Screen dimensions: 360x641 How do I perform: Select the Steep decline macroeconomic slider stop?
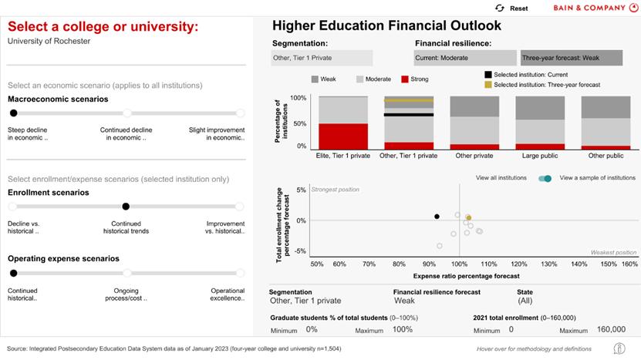coord(13,113)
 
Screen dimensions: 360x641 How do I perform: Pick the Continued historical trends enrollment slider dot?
coord(126,206)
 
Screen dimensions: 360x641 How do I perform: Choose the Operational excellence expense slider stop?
coord(239,273)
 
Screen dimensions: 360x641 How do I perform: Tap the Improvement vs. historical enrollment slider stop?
coord(239,206)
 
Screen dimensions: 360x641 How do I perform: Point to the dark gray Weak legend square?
coord(315,79)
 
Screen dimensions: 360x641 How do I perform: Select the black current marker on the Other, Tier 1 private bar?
coord(409,115)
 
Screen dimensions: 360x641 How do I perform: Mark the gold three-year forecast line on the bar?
coord(409,100)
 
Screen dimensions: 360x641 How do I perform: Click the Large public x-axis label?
coord(541,155)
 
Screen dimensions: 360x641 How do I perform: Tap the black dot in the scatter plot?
coord(437,217)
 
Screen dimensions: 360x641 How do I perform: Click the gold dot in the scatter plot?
coord(467,218)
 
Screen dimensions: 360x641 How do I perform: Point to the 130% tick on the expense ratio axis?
coord(548,264)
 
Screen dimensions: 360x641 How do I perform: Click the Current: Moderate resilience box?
coord(464,58)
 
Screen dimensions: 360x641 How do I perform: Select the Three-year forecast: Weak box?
coord(571,58)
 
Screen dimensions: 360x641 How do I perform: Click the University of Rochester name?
coord(49,41)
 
